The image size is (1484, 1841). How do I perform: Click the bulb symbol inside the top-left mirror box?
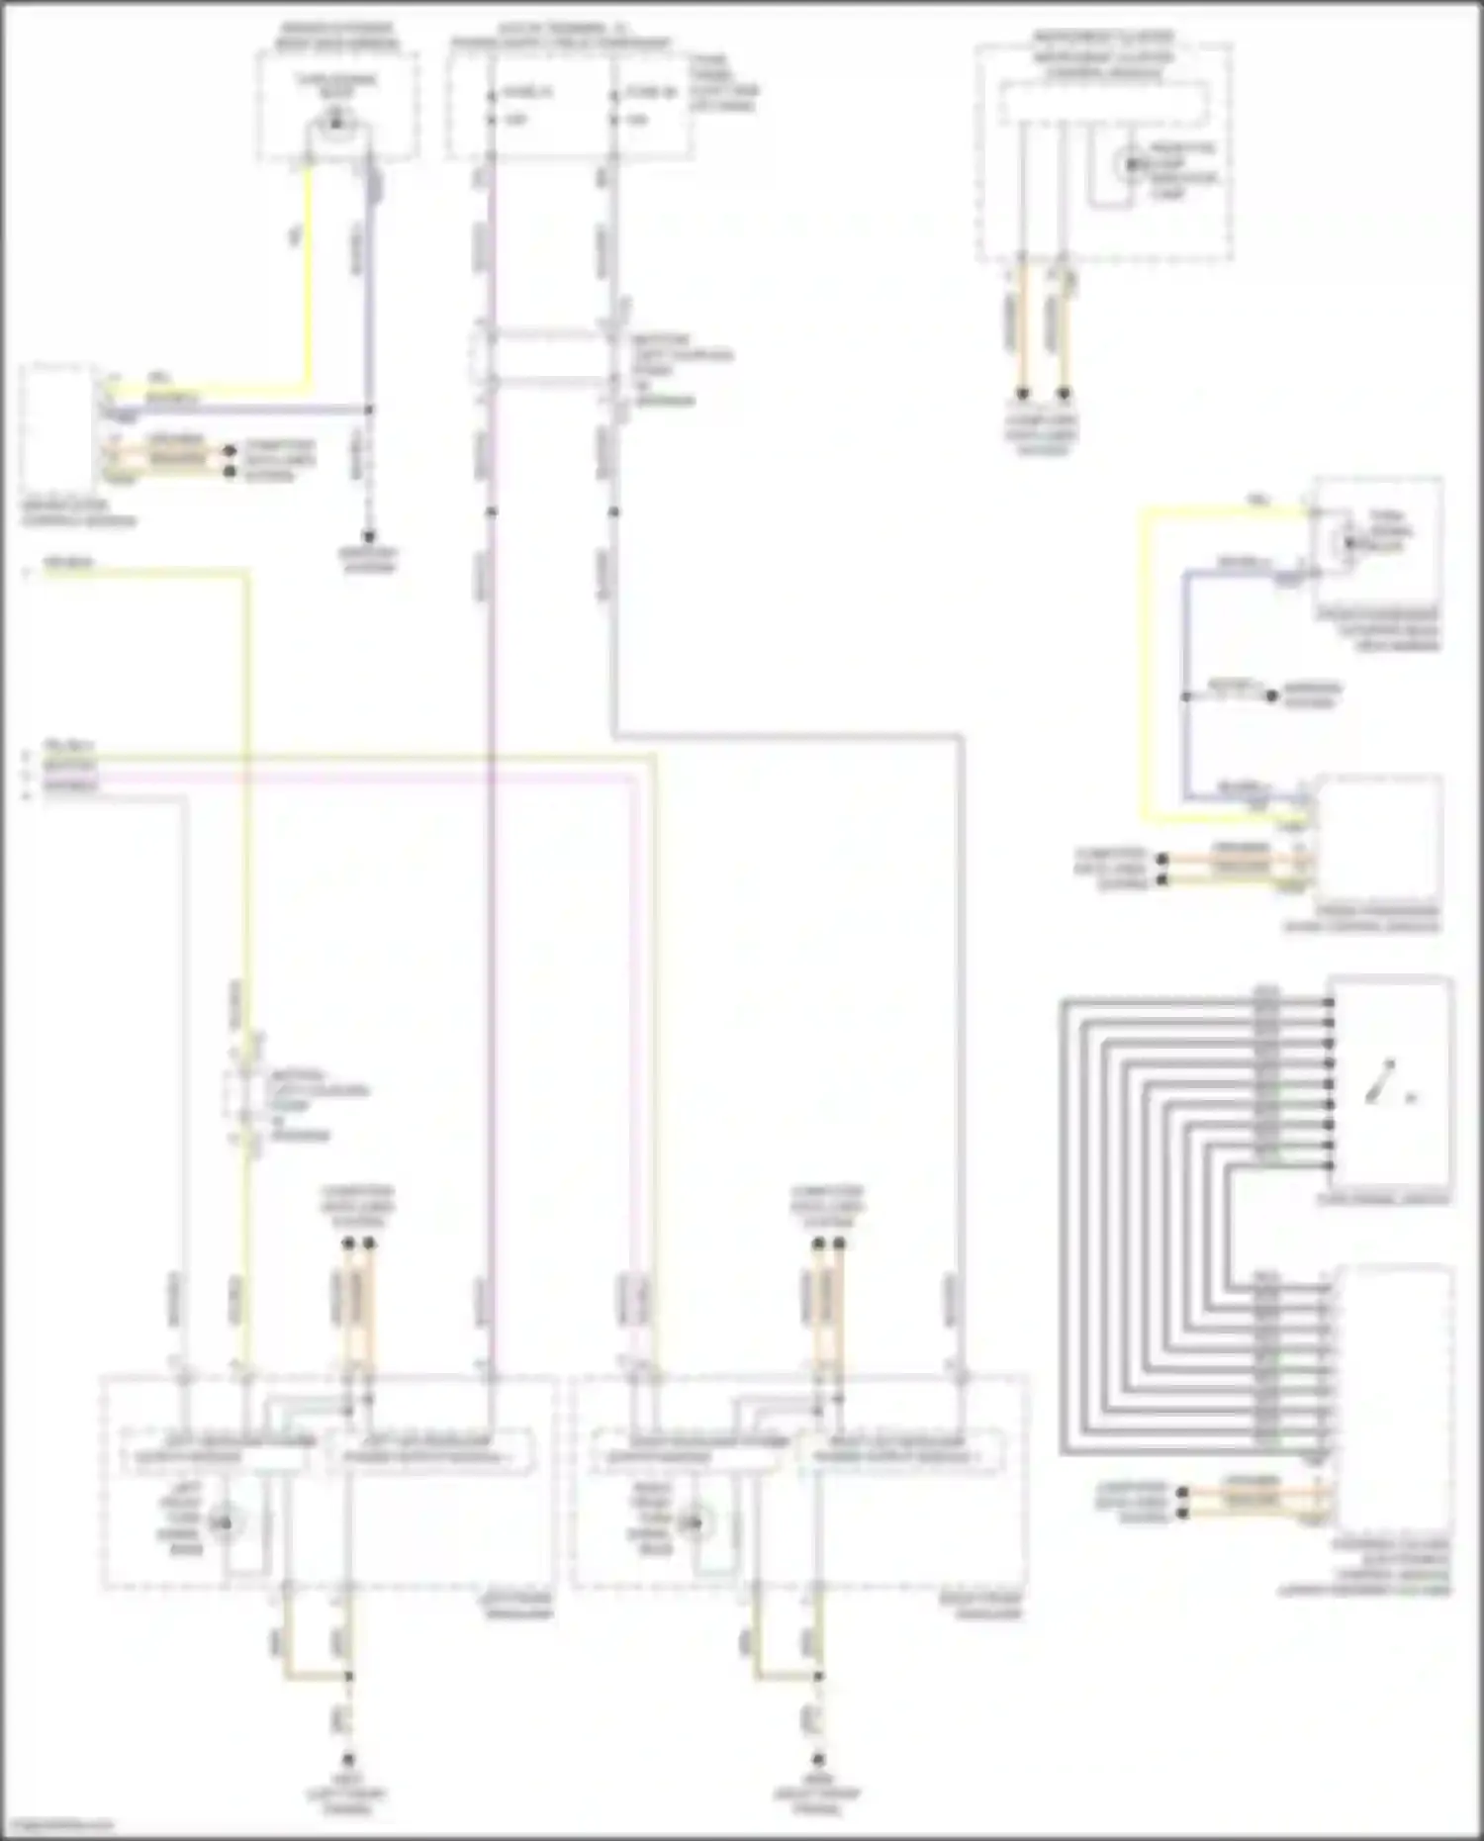(x=337, y=122)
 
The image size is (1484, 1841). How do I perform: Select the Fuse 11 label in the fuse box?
(x=527, y=92)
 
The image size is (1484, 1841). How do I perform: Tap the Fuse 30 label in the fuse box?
(x=650, y=92)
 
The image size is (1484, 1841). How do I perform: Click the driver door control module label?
(x=78, y=512)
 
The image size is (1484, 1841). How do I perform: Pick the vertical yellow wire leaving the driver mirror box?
(x=309, y=277)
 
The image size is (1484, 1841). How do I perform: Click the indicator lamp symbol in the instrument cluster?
(x=1129, y=164)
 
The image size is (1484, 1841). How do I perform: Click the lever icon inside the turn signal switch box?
(x=1381, y=1082)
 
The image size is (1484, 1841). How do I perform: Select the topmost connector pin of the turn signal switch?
(x=1329, y=1002)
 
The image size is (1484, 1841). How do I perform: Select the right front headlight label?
(x=987, y=1605)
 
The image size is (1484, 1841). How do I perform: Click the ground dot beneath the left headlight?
(x=348, y=1760)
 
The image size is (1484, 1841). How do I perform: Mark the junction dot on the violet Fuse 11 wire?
(x=491, y=511)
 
